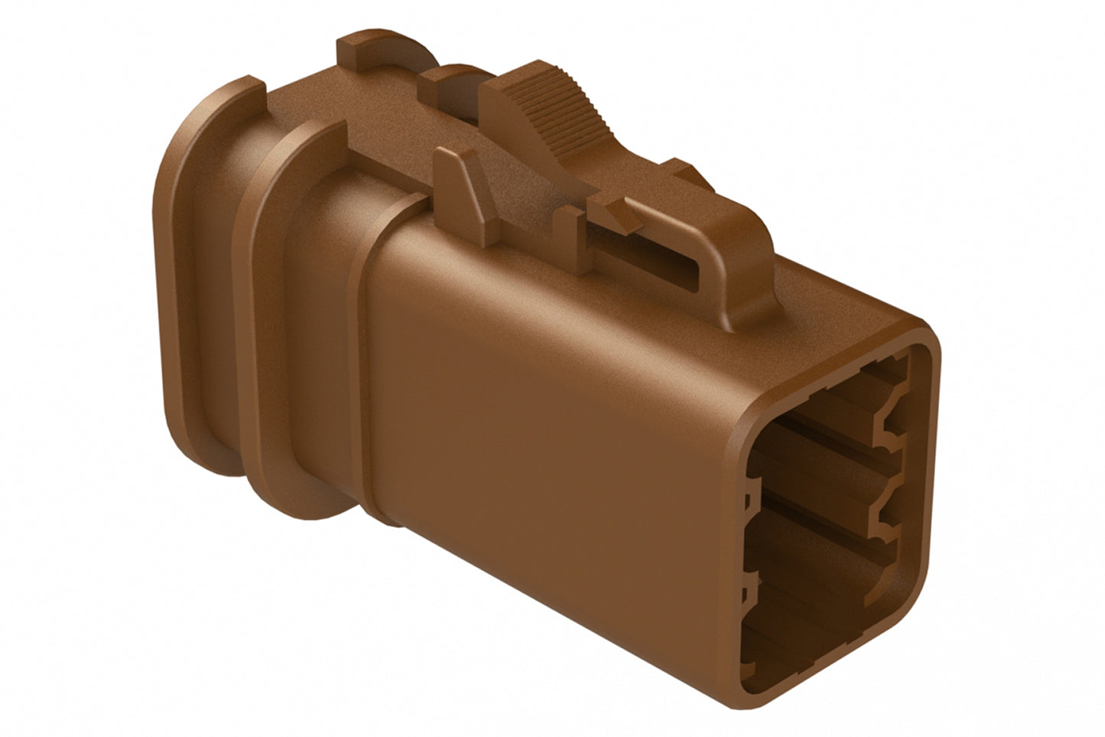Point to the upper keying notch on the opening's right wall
891,429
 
